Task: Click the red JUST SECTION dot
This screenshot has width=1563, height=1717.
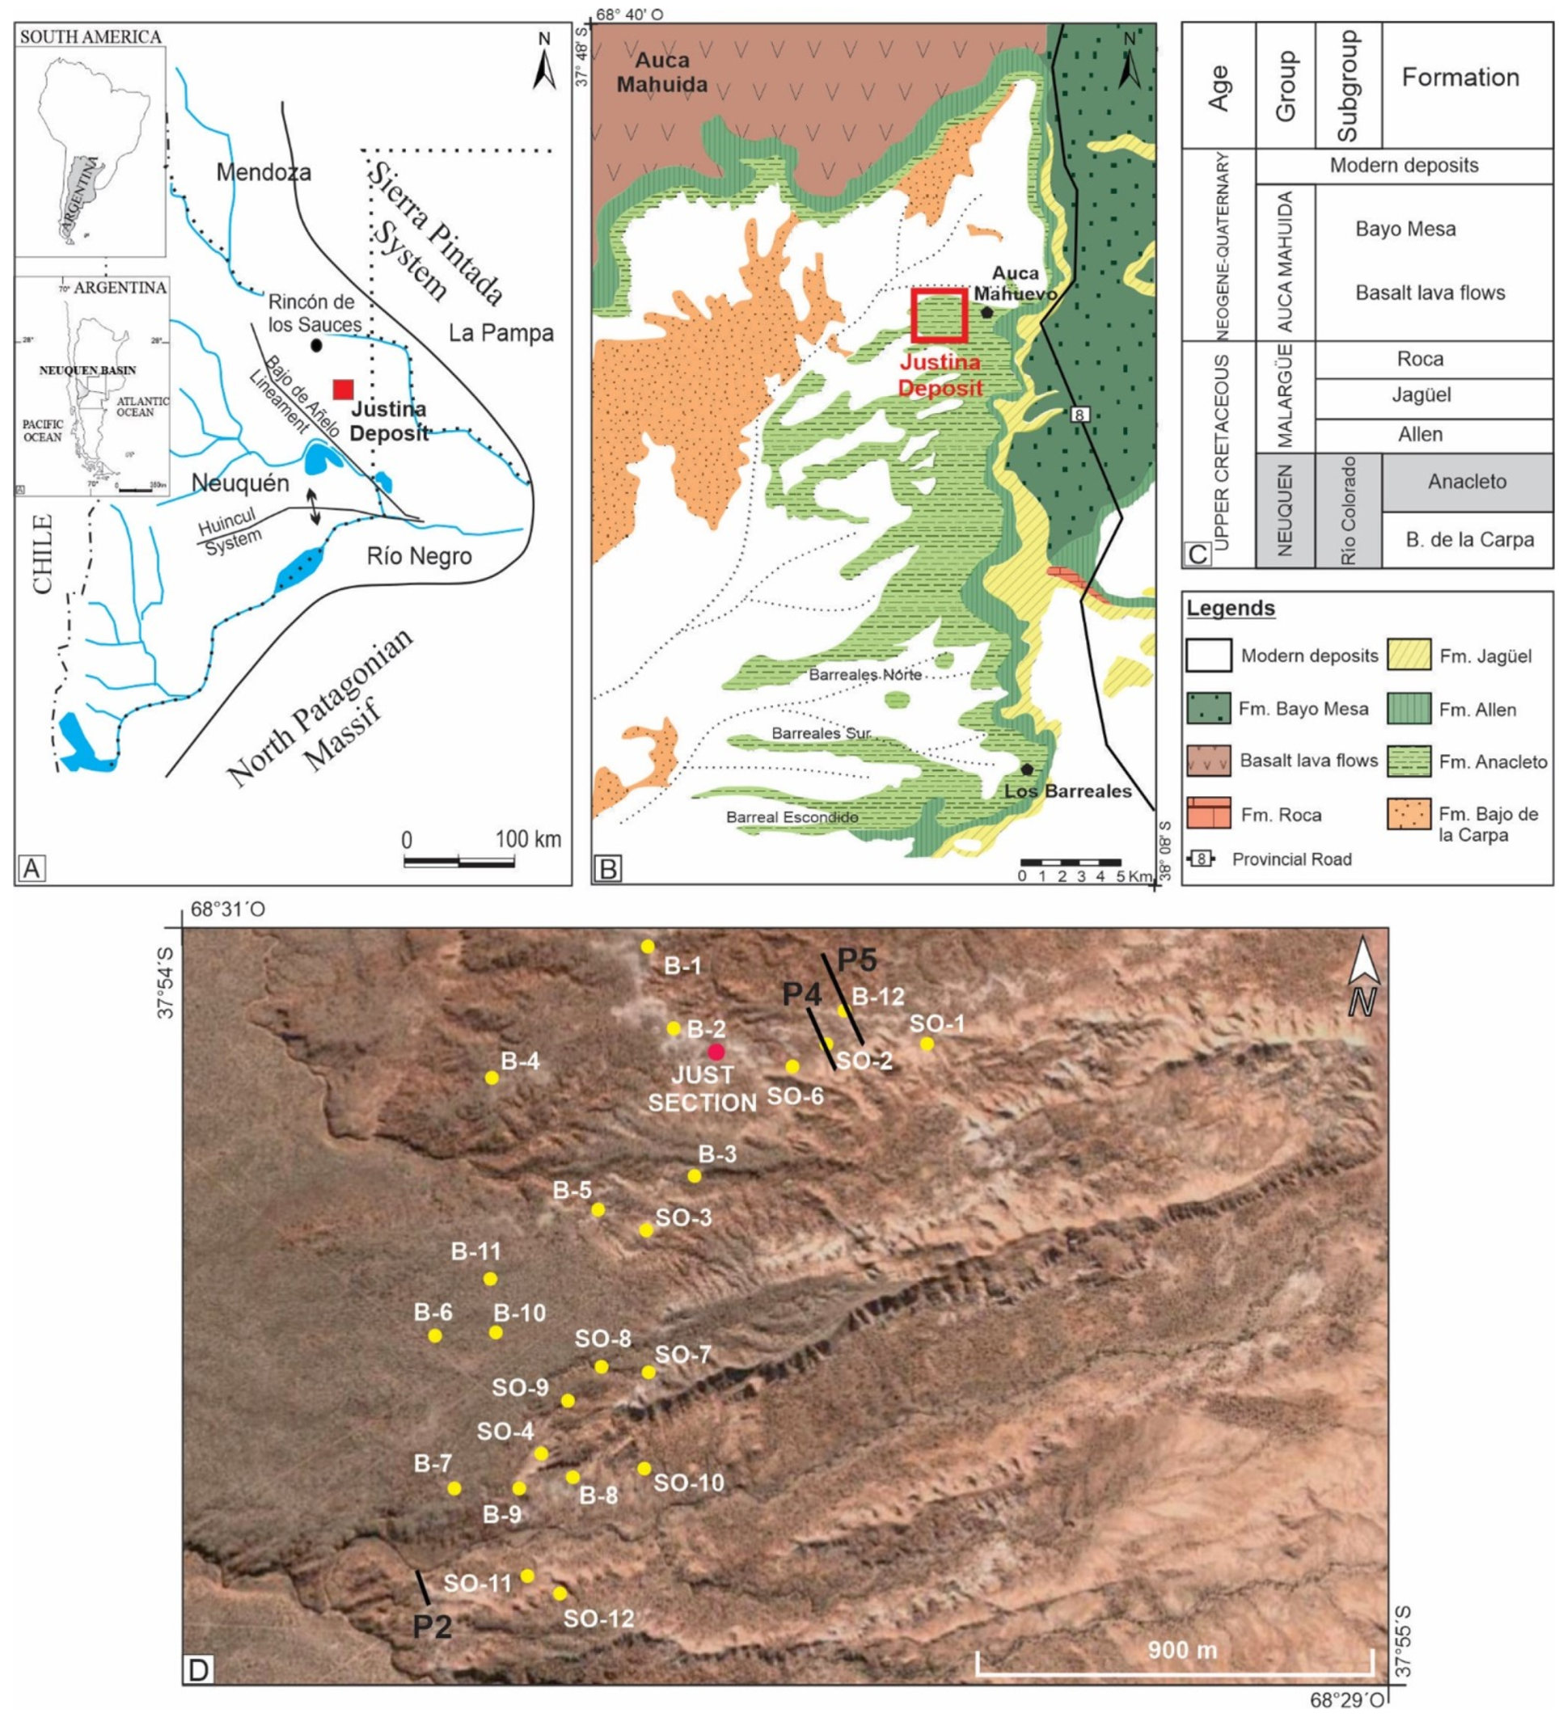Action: (716, 1052)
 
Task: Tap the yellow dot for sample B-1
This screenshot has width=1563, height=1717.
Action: (648, 947)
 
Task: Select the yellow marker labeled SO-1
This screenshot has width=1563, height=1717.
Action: (927, 1044)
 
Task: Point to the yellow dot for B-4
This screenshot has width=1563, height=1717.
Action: (492, 1078)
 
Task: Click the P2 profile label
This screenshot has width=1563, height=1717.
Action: (432, 1626)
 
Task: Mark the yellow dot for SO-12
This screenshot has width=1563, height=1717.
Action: (560, 1593)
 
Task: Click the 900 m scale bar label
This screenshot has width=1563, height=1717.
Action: (1182, 1650)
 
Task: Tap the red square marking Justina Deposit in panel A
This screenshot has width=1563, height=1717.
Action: (344, 388)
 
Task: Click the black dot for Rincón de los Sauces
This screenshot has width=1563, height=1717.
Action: (316, 345)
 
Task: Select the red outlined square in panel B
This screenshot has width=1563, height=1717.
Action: (940, 315)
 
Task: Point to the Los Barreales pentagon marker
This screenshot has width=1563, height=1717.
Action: (1028, 769)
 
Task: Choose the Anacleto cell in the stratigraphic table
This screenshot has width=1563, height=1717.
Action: (1467, 481)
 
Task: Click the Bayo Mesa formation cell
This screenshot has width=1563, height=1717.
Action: (1405, 228)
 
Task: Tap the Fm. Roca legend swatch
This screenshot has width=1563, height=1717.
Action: (1208, 813)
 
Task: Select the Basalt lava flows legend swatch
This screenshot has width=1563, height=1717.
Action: (1208, 761)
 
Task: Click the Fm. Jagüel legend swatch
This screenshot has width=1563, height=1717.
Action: (1409, 655)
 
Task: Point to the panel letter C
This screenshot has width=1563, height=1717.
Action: (1197, 555)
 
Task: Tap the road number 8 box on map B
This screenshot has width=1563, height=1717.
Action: (1080, 415)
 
